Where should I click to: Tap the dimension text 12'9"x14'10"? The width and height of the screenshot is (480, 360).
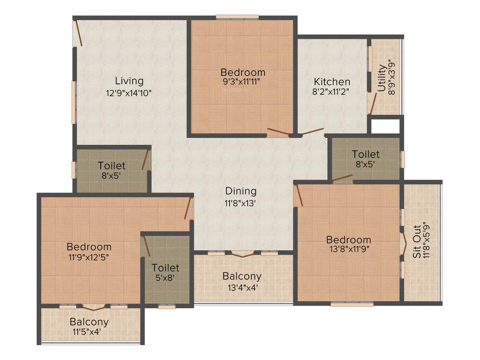click(129, 93)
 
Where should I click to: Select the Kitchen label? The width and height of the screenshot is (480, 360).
click(332, 82)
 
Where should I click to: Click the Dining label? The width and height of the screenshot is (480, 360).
click(241, 191)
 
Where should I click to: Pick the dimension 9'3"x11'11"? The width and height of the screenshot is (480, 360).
click(243, 82)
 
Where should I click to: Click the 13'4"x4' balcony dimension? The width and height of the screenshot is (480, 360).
click(242, 287)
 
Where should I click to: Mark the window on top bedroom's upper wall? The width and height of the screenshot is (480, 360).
click(237, 17)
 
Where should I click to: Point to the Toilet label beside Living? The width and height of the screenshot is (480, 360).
click(112, 165)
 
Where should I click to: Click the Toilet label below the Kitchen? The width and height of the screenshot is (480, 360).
click(366, 154)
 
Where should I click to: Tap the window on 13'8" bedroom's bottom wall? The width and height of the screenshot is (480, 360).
click(352, 304)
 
